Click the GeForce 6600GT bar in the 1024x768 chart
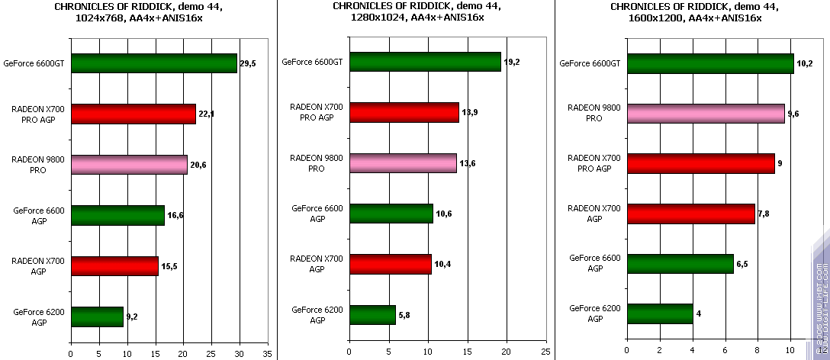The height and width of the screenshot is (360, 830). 153,63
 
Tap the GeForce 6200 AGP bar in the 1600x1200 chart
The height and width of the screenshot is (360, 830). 659,313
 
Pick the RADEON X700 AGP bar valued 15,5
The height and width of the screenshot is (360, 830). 114,266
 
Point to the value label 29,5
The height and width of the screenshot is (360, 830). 247,64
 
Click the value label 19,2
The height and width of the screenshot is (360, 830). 510,62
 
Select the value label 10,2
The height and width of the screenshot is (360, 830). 804,64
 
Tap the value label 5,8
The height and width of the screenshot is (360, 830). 404,314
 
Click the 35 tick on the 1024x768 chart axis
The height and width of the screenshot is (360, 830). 267,353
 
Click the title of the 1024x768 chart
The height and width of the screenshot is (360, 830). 139,11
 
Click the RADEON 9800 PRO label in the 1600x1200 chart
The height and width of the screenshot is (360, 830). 594,113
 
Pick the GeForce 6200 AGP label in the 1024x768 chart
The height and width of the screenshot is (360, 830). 39,317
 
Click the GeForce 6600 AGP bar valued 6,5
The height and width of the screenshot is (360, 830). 680,264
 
